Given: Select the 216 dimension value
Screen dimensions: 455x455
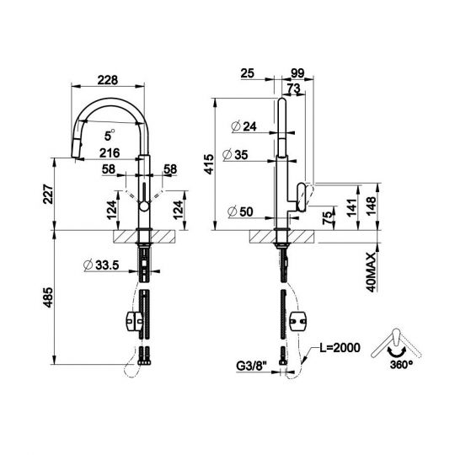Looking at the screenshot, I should [x=107, y=152].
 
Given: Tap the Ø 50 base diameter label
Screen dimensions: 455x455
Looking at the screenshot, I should [x=243, y=211].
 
